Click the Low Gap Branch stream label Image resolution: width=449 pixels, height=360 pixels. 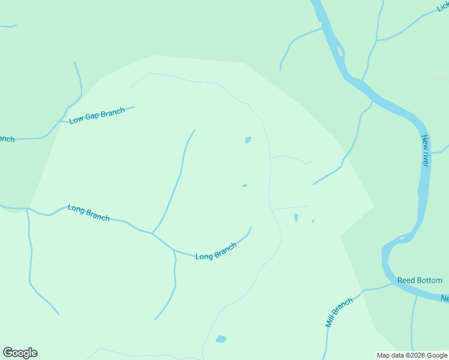coord(97,115)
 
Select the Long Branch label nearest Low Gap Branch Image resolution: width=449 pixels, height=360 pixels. coord(88,212)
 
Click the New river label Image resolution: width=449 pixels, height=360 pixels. coord(425,150)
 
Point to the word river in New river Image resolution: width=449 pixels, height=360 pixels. coord(426,157)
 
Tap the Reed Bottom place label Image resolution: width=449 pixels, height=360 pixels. coord(420,280)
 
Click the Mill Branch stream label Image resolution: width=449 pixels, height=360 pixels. coord(339,312)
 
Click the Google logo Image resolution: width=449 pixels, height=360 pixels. coord(20,353)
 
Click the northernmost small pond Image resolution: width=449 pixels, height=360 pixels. coord(248,140)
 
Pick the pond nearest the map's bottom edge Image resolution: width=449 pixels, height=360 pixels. coord(221,339)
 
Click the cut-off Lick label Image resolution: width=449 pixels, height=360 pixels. coord(444,7)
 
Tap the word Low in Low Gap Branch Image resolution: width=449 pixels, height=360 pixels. coord(76,120)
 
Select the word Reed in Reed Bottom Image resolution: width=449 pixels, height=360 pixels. coord(406,280)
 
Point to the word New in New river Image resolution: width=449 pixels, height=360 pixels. coord(424,142)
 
